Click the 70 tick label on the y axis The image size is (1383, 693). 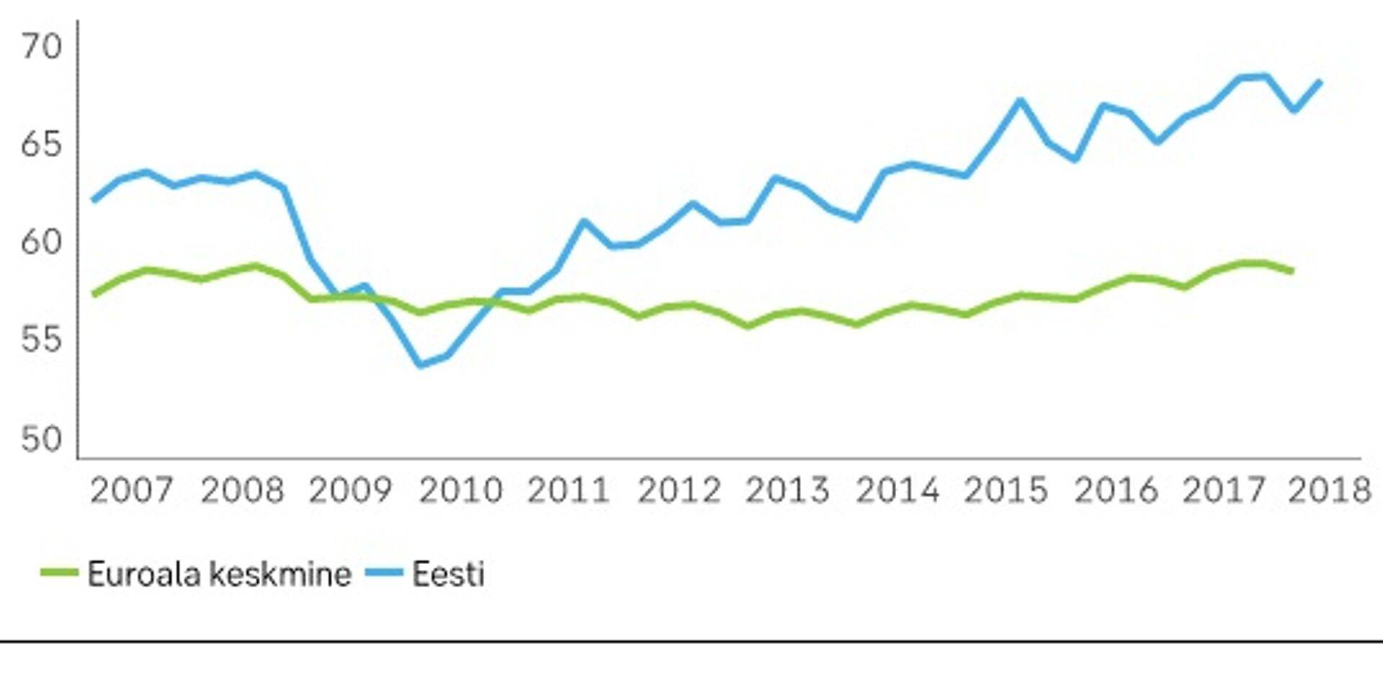click(41, 48)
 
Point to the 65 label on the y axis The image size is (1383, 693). click(41, 146)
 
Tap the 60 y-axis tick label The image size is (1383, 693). click(41, 243)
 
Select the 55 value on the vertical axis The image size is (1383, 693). click(41, 341)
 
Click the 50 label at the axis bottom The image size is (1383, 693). click(41, 439)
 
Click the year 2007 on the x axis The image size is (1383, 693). click(131, 491)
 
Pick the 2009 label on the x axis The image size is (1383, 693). click(350, 491)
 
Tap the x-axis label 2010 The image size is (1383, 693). click(460, 491)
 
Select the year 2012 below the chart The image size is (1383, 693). click(679, 491)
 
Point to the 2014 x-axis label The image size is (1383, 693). click(898, 491)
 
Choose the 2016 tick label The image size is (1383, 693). click(1116, 491)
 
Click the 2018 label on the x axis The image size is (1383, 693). click(1329, 491)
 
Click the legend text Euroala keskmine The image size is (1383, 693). click(219, 574)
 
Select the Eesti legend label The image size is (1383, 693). click(448, 574)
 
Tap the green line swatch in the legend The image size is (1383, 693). click(59, 573)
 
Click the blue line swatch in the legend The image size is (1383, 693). click(384, 573)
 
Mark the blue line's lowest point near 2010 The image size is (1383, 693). click(421, 365)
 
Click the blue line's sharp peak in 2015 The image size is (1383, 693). click(1020, 100)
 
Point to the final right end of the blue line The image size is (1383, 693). click(1320, 82)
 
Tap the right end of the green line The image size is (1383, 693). click(1293, 272)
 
